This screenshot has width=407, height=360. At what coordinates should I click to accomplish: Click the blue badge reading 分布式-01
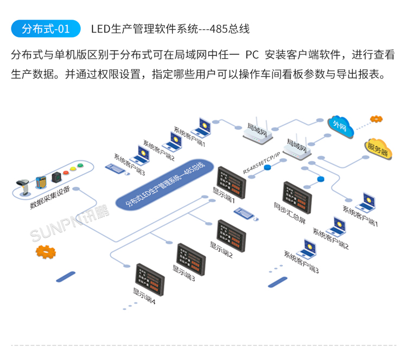(x=46, y=28)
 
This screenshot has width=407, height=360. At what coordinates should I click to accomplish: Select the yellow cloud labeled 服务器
(x=378, y=148)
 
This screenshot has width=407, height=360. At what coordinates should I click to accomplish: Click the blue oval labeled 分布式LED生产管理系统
(x=166, y=186)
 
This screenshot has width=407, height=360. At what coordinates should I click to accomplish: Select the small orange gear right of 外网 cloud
(x=376, y=118)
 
